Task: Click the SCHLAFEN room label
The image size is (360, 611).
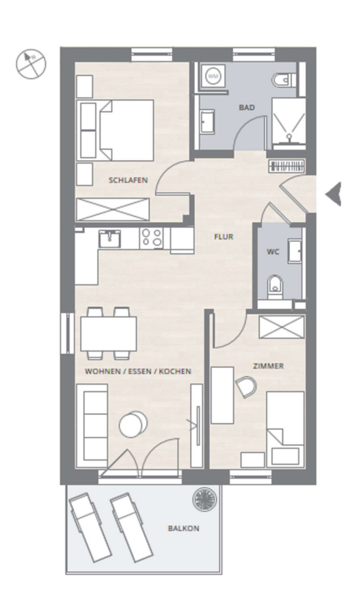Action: click(x=128, y=180)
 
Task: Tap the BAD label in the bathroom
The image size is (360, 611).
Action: click(x=247, y=107)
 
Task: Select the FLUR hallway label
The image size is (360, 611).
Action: click(x=224, y=236)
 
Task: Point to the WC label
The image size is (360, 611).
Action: click(x=273, y=252)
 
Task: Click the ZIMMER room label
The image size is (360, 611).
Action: click(x=268, y=366)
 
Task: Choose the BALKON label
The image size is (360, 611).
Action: click(x=183, y=528)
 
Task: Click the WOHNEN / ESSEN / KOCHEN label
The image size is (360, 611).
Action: click(x=138, y=371)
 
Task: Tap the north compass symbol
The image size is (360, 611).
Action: click(x=31, y=64)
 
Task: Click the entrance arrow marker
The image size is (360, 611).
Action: click(x=334, y=193)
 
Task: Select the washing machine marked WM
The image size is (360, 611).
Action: click(x=213, y=77)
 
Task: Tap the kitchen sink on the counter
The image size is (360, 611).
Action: click(x=109, y=238)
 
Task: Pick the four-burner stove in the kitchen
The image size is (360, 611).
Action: click(x=151, y=238)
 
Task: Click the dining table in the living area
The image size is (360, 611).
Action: click(x=109, y=333)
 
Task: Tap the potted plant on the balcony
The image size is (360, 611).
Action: click(x=204, y=498)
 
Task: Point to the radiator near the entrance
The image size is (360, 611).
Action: click(x=287, y=166)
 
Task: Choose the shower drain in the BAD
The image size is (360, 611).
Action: click(x=289, y=136)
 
